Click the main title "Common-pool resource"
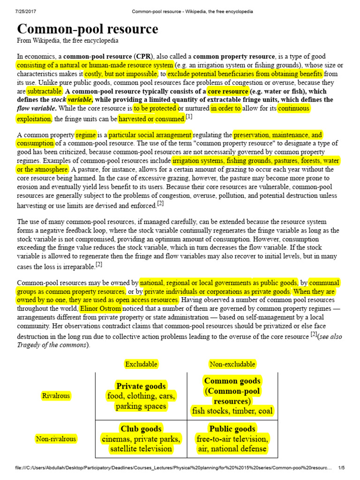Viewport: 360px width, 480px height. point(88,29)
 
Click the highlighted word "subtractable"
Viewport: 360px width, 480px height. point(44,91)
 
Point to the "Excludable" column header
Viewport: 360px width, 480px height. point(141,364)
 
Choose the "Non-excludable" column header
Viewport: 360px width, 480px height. point(232,364)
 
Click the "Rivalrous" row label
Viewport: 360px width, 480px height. point(56,396)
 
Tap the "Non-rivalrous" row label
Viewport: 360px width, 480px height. point(56,439)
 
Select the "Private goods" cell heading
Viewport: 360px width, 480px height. point(141,386)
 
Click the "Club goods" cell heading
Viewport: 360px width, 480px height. point(141,428)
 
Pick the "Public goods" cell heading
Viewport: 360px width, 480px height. point(232,428)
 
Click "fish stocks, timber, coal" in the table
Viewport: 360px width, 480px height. point(232,411)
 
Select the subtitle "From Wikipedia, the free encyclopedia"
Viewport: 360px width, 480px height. point(67,41)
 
